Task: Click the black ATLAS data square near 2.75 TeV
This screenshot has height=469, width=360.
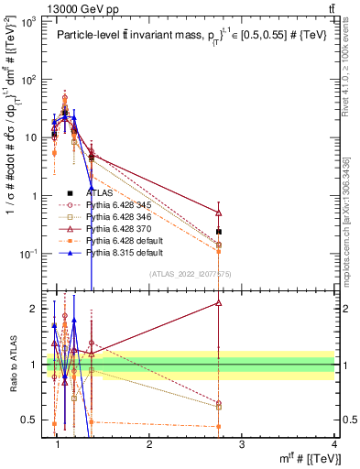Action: [218, 232]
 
